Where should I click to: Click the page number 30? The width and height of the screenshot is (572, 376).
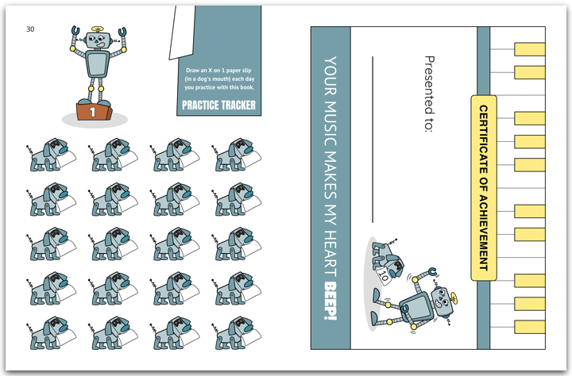pos(30,29)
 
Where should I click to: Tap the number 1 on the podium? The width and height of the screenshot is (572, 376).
pos(93,112)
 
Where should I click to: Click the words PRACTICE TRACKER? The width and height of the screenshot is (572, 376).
pos(219,106)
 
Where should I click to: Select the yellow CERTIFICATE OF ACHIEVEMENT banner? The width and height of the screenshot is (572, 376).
pos(484,188)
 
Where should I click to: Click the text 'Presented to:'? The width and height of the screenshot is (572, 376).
pos(430,94)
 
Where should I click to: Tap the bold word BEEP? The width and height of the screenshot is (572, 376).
pos(330,301)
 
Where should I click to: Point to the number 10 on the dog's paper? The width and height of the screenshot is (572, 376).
pos(383,275)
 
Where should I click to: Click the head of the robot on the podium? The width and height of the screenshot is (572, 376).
pos(97,40)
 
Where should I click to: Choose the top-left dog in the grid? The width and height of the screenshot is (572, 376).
pos(51,155)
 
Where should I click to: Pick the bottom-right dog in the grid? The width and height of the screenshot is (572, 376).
pos(237,333)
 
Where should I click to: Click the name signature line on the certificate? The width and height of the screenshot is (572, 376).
pos(373,139)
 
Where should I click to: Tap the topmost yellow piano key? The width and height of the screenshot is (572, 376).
pos(530,49)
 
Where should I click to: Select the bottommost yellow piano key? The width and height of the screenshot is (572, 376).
pos(530,327)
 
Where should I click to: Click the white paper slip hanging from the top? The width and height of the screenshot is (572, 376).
pos(181,32)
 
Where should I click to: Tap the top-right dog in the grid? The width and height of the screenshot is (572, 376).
pos(237,155)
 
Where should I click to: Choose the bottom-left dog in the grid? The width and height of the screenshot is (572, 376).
pos(51,333)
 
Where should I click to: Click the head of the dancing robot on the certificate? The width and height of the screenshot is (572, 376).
pos(443,301)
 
